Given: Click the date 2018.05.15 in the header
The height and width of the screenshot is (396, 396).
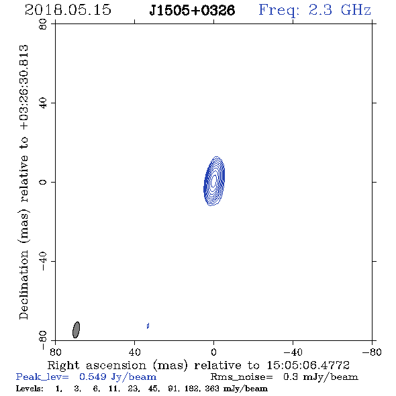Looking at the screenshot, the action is pos(68,10).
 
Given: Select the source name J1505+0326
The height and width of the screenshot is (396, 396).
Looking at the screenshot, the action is pos(192,10).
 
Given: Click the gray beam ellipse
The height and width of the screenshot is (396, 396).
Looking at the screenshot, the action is pos(76,330).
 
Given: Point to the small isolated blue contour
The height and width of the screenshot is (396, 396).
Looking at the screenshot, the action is pos(148,326).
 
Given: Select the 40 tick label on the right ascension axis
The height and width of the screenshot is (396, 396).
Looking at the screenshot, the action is pos(134,352).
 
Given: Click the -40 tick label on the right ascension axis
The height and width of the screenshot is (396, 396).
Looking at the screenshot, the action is pos(293,352).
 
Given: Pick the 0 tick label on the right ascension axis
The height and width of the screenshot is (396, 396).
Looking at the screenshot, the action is pos(213,352).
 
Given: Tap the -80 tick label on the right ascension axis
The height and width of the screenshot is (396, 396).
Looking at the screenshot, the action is pos(372,352).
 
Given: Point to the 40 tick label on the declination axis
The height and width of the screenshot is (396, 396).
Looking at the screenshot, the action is pos(43,103).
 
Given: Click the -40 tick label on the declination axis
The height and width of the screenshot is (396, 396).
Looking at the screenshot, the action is pos(43,261).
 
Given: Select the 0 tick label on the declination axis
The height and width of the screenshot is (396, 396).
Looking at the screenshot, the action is pos(43,182).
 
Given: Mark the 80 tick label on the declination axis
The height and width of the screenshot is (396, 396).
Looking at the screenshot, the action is pos(43,24).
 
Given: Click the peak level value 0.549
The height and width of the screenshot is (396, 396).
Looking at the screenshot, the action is pos(93,377).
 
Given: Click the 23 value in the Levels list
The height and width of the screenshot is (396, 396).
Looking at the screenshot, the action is pos(133,388).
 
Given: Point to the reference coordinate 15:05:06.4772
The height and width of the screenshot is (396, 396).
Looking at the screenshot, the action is pos(308,365).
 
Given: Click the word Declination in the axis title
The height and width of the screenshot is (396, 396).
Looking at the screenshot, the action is pos(23,285).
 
